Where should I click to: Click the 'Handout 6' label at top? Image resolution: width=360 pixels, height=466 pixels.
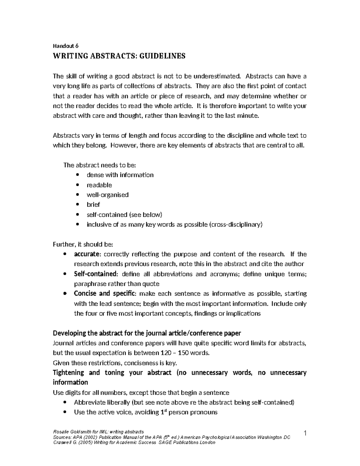65,46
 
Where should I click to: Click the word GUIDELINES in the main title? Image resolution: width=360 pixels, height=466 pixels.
162,56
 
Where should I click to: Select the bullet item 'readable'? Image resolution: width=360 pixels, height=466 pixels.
99,185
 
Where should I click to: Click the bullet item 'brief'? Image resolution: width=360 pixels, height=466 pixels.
93,205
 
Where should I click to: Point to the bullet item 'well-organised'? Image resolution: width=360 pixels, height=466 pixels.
107,195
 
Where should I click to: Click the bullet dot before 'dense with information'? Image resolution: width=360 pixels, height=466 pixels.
78,175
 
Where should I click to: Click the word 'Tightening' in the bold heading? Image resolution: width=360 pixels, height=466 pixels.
68,373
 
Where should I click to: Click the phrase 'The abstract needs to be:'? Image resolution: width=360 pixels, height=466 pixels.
100,165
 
